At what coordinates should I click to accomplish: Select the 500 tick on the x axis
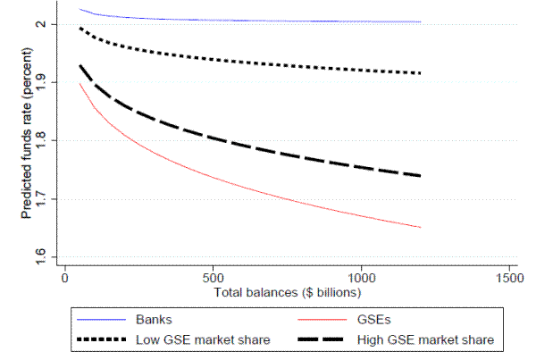pyautogui.click(x=213, y=279)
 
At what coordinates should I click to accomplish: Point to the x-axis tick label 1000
pyautogui.click(x=361, y=279)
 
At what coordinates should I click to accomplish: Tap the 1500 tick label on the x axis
pyautogui.click(x=509, y=279)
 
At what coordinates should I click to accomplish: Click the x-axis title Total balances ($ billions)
pyautogui.click(x=286, y=293)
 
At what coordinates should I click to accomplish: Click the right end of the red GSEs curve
pyautogui.click(x=420, y=228)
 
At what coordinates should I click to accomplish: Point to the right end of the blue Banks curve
pyautogui.click(x=420, y=21)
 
